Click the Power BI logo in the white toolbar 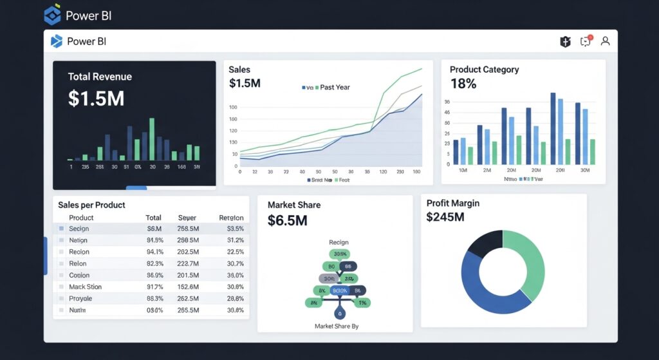click(57, 41)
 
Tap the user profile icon click(605, 41)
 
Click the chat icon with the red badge click(586, 41)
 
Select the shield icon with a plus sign click(566, 42)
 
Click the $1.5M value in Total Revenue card click(96, 99)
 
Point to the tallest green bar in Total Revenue click(152, 138)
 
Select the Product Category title click(484, 70)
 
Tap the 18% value click(463, 84)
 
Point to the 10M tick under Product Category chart click(462, 170)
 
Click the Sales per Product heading click(91, 205)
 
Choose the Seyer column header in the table click(187, 218)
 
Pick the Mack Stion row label click(85, 287)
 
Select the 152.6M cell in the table click(187, 287)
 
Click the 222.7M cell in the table click(187, 263)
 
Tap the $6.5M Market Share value click(287, 221)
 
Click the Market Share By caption click(337, 327)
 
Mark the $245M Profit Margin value click(445, 218)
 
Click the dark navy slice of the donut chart click(484, 243)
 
